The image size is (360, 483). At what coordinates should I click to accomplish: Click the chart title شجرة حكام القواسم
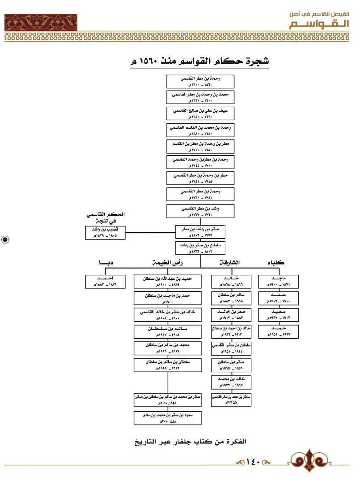[200, 62]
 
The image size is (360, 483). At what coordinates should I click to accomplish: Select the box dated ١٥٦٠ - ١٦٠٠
[200, 81]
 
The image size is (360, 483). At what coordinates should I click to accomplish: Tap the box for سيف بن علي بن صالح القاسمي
[200, 113]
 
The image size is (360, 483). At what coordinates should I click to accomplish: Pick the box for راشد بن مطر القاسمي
[200, 211]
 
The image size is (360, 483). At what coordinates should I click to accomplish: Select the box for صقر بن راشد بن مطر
[200, 232]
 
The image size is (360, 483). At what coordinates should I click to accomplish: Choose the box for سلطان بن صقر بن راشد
[200, 248]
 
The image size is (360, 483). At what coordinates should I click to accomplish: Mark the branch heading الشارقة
[230, 263]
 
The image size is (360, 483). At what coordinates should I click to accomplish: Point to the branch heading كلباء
[276, 263]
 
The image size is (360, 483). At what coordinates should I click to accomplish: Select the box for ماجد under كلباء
[278, 281]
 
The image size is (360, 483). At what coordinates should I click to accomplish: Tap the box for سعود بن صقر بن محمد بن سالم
[168, 417]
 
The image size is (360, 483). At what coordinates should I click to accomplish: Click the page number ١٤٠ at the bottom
[254, 461]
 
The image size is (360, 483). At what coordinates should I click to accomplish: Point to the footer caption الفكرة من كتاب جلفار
[190, 442]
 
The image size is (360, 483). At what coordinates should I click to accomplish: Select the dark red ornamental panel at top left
[41, 22]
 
